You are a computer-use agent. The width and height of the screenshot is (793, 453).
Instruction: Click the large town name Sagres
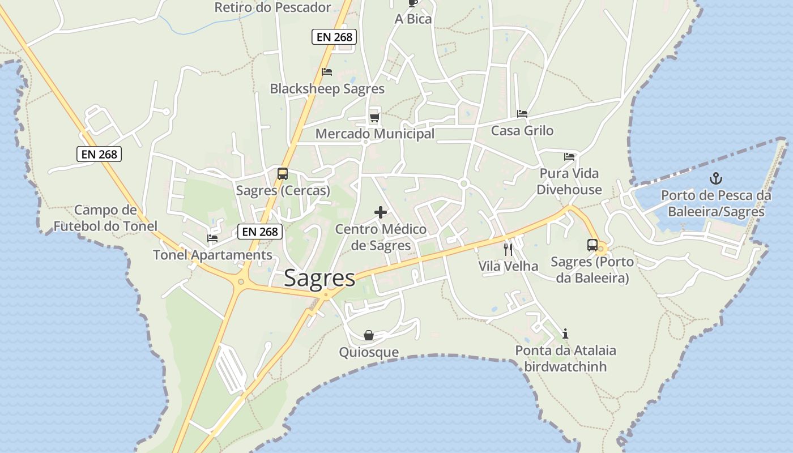[319, 278]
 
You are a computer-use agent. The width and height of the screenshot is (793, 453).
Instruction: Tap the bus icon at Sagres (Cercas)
[283, 174]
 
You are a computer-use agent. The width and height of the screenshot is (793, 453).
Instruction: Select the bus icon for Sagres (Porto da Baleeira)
[592, 245]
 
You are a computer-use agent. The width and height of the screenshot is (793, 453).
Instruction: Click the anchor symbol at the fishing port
[717, 179]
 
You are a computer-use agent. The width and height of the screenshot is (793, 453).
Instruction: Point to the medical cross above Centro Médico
[381, 212]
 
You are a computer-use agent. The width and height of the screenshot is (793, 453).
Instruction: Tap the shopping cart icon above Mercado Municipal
[374, 117]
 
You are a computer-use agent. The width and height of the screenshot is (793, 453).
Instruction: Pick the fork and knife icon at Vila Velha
[508, 249]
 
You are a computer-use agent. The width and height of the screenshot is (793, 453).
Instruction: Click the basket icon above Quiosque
[369, 335]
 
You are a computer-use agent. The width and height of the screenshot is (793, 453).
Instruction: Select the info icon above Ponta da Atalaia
[565, 334]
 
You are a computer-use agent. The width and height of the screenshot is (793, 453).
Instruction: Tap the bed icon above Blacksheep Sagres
[327, 72]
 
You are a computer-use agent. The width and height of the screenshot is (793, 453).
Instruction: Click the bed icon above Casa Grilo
[522, 114]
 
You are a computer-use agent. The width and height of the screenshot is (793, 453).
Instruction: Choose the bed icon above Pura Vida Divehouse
[569, 156]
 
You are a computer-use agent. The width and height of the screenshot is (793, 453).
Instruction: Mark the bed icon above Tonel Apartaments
[212, 238]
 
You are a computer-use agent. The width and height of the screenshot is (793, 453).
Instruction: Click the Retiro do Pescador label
[272, 7]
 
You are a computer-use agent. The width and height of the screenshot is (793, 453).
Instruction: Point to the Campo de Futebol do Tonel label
[105, 218]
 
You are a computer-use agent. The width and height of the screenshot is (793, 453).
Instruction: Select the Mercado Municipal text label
[375, 134]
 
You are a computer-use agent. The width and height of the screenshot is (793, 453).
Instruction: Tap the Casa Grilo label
[522, 131]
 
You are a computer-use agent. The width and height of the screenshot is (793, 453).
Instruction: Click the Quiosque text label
[369, 352]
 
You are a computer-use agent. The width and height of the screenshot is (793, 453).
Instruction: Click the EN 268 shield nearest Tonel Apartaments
[260, 231]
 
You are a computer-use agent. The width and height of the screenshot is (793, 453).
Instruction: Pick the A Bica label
[413, 19]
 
